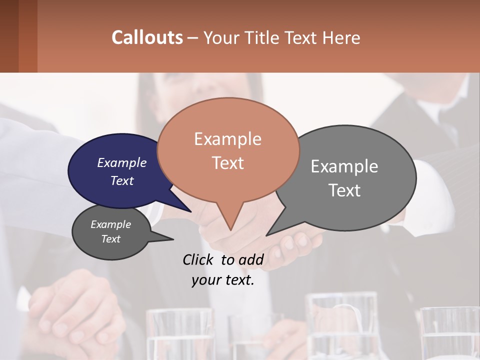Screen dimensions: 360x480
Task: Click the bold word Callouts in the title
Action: pos(147,37)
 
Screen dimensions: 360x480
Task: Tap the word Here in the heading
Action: pos(341,37)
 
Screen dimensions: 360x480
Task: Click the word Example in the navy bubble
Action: pos(122,162)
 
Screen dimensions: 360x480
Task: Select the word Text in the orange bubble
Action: pos(228,163)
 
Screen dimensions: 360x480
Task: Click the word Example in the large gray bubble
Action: pos(344,166)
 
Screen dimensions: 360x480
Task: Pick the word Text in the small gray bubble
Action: pos(111,239)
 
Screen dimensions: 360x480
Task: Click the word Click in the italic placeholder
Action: pos(197,259)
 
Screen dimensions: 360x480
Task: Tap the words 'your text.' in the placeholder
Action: pos(223,280)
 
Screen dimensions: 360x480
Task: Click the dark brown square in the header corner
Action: pos(9,36)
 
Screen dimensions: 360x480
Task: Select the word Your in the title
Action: pos(222,37)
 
